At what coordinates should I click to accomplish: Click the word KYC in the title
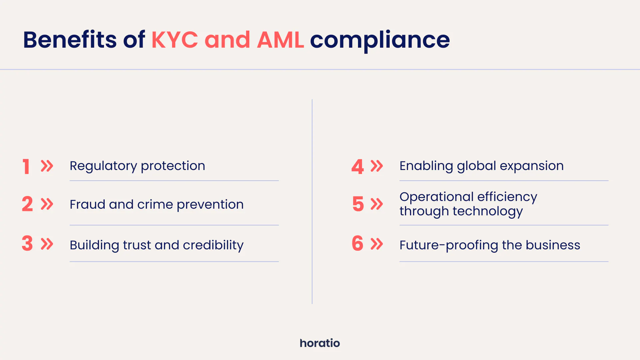pos(175,40)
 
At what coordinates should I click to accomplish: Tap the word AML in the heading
pos(280,40)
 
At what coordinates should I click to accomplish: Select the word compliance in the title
pos(380,40)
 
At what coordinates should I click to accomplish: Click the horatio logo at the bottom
pos(320,343)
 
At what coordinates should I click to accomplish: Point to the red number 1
pos(26,166)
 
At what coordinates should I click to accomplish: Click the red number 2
pos(27,204)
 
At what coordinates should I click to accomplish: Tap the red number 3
pos(27,243)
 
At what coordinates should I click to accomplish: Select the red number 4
pos(357,166)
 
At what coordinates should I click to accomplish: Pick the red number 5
pos(358,204)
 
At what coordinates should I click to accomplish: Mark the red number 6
pos(357,243)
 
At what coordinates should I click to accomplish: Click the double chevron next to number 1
pos(47,166)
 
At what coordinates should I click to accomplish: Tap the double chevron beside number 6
pos(377,244)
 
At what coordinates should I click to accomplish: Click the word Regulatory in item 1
pos(103,166)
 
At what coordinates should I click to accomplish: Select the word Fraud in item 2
pos(87,204)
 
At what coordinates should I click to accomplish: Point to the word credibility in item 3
pos(213,245)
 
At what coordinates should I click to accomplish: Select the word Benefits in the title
pos(70,40)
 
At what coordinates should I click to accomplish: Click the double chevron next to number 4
pos(377,166)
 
